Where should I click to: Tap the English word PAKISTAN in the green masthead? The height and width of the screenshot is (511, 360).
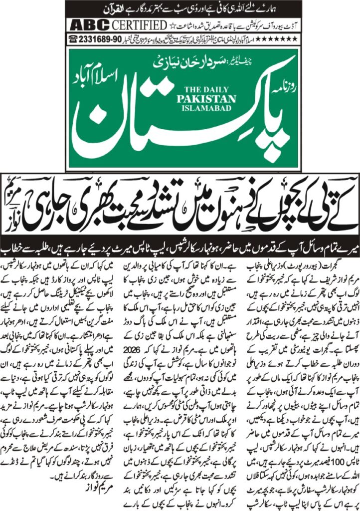point(199,99)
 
